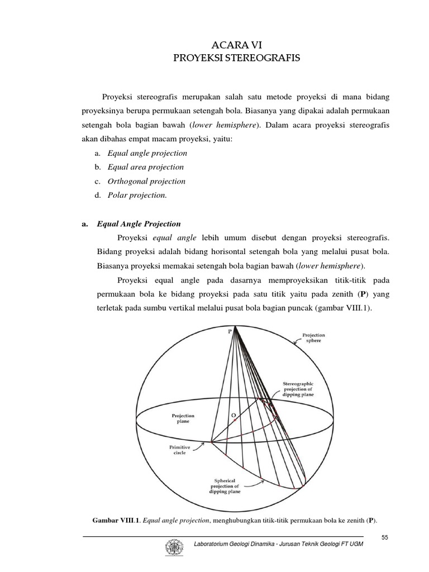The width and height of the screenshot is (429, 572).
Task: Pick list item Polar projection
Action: (x=132, y=195)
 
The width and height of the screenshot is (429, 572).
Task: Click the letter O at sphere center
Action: (x=234, y=416)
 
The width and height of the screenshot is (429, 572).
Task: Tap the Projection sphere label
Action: (x=313, y=339)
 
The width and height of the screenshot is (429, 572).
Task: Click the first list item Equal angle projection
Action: (x=142, y=153)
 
